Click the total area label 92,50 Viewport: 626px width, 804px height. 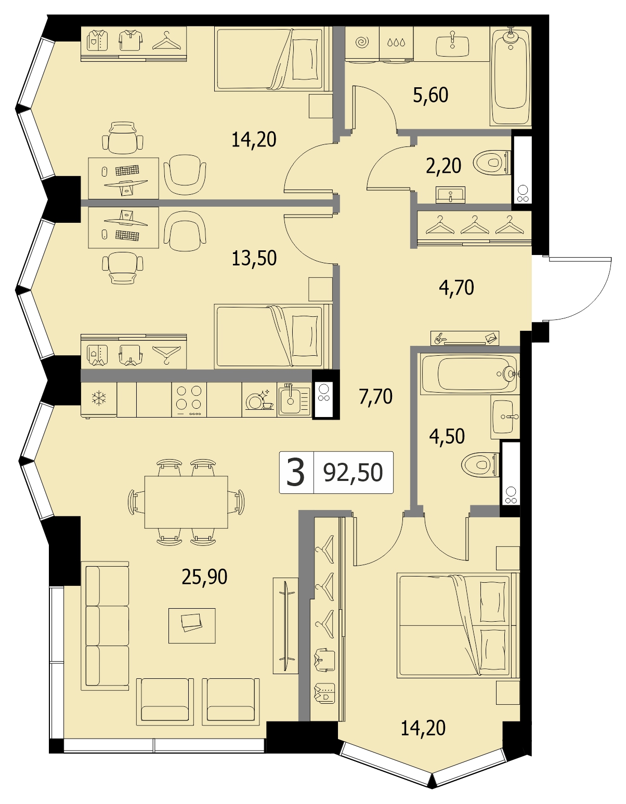pyautogui.click(x=353, y=473)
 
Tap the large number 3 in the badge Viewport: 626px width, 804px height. pyautogui.click(x=296, y=472)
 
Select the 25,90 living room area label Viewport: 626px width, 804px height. pyautogui.click(x=204, y=577)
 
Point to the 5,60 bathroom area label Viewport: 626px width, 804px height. pyautogui.click(x=431, y=95)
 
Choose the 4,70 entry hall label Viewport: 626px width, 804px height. pyautogui.click(x=457, y=288)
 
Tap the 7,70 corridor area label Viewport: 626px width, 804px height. pyautogui.click(x=375, y=396)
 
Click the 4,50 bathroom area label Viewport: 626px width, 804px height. pyautogui.click(x=447, y=436)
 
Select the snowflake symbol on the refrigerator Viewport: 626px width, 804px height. pyautogui.click(x=99, y=399)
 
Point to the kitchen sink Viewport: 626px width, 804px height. pyautogui.click(x=294, y=399)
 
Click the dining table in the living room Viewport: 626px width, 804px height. pyautogui.click(x=186, y=502)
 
